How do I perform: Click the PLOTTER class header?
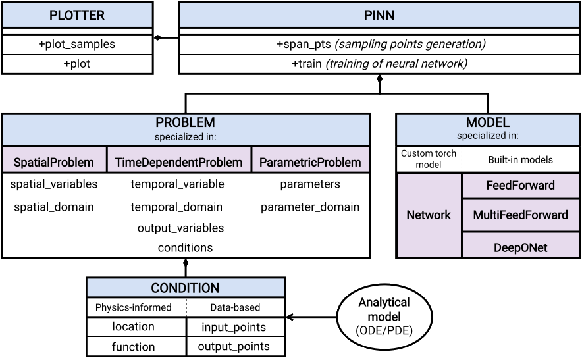coord(76,15)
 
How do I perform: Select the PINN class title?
coord(379,15)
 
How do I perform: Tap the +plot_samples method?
coord(76,45)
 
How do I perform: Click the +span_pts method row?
coord(379,45)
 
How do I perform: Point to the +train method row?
coord(379,64)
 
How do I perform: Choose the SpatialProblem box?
coord(54,162)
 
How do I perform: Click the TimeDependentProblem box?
coord(178,162)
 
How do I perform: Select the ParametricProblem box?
coord(310,162)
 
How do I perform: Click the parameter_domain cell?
coord(310,207)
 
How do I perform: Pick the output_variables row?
coord(185,228)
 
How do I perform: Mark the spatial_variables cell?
coord(54,184)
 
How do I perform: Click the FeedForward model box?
coord(520,186)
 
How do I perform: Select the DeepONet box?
coord(520,247)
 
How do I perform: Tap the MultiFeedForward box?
coord(520,215)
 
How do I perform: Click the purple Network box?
coord(429,215)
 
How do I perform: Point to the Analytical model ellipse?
coord(384,316)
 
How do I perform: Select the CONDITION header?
coord(186,288)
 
